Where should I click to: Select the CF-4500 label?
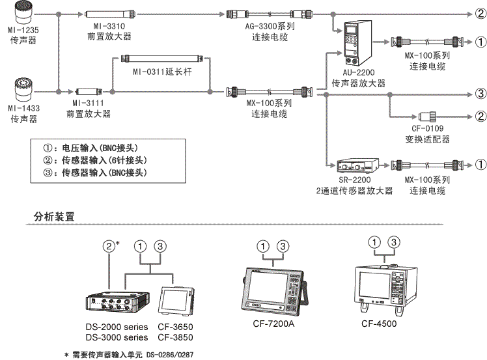coord(380,323)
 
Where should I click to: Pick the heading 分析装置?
coord(54,216)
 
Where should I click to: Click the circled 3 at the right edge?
coord(479,92)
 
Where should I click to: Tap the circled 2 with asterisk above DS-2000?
coord(111,246)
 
